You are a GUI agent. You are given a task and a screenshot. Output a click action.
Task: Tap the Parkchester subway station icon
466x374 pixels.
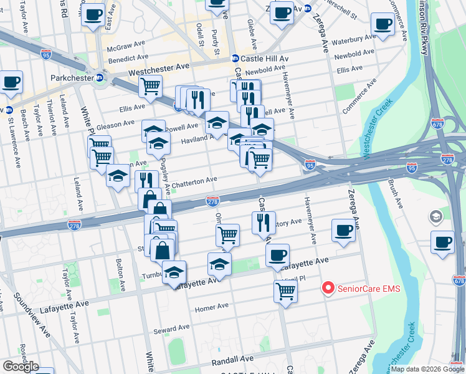[x=99, y=78]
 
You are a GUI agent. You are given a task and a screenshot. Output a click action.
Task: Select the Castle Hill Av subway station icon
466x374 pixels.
[x=235, y=58]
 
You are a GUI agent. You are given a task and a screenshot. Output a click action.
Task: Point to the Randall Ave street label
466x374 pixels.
[x=233, y=360]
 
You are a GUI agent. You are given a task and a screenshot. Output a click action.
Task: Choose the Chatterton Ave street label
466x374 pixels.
[x=194, y=180]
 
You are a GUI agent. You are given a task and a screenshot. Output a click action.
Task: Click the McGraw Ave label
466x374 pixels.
[x=126, y=47]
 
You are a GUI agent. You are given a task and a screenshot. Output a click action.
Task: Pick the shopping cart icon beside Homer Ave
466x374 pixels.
[x=285, y=290]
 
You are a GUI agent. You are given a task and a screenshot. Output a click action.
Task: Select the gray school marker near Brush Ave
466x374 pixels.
[x=435, y=217]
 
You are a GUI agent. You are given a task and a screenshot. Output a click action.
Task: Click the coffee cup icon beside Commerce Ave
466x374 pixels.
[x=383, y=25]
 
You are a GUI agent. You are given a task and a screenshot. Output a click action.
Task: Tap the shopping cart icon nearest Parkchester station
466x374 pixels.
[x=150, y=86]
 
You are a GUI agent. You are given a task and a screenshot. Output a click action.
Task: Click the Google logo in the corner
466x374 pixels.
[x=21, y=367]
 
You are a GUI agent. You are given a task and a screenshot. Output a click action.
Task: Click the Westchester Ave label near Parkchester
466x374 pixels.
[x=158, y=69]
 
